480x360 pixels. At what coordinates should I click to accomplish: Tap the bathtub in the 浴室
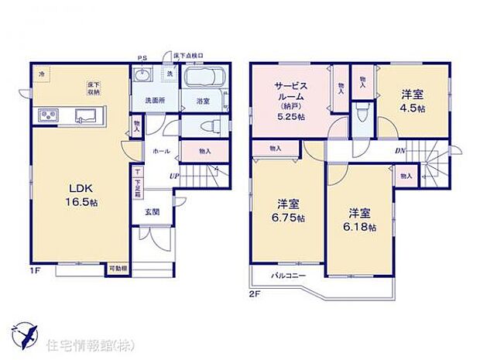click(204, 80)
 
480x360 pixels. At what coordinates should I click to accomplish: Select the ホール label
click(162, 151)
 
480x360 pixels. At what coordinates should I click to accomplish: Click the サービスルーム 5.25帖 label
click(290, 98)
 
